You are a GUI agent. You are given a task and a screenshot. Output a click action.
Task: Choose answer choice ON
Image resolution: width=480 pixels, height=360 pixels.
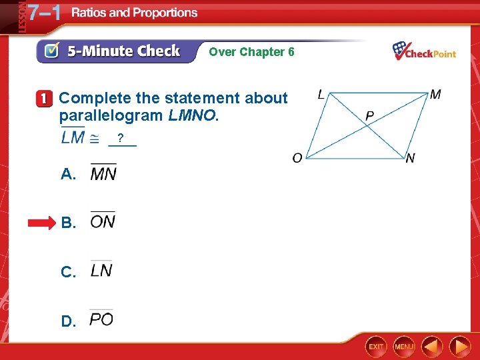coord(103,221)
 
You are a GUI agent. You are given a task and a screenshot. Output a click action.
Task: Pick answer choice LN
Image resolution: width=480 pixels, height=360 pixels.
coord(101,270)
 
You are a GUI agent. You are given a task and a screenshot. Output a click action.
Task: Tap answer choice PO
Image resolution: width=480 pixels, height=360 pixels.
coord(101,319)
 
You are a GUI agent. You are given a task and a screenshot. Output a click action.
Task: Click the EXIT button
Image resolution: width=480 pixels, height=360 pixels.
coord(377,347)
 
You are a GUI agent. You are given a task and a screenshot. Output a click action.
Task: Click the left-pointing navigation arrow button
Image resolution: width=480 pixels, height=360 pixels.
coord(431,347)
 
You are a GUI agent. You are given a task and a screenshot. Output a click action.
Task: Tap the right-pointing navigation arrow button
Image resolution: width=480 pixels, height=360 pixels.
coord(459,347)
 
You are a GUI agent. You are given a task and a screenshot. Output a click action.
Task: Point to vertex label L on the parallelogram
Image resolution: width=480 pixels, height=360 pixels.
coord(321,95)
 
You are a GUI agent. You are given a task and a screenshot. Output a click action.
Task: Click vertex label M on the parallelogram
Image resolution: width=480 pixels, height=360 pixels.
coord(435,95)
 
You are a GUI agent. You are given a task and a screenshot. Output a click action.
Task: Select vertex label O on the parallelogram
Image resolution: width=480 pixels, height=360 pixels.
coord(297,158)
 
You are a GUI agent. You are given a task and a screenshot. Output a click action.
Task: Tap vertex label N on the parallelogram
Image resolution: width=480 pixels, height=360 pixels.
coord(410,158)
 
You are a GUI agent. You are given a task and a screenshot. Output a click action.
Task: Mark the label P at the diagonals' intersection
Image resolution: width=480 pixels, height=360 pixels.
coord(369,117)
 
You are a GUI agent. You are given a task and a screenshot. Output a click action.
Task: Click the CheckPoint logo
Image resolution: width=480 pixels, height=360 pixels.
coord(424,51)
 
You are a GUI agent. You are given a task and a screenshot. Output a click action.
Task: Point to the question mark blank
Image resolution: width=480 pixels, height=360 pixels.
coord(121,139)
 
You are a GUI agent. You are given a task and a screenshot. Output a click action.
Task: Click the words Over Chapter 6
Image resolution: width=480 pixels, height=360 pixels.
coord(251,51)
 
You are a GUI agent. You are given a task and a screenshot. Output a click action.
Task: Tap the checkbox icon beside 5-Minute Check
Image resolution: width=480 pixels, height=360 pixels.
coord(51,51)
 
